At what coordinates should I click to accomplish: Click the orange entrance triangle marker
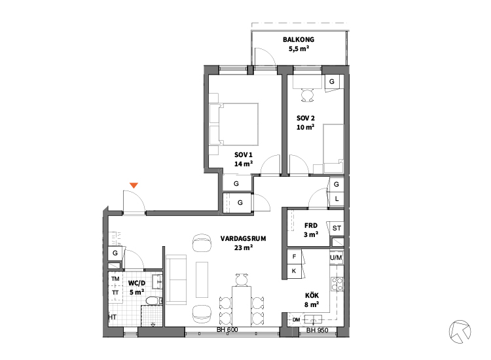coord(134,185)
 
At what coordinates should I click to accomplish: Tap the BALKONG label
coord(299,40)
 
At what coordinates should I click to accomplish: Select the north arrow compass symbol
coord(460,331)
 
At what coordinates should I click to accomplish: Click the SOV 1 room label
coord(244,155)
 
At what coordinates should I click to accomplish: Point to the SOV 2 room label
coord(306,118)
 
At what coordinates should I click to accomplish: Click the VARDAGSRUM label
coord(244,238)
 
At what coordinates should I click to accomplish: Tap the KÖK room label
coord(312,295)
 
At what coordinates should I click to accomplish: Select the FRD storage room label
coord(311,225)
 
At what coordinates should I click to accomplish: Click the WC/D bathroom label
coord(137,283)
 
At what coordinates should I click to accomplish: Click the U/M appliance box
coord(336,258)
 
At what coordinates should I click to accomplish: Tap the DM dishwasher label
coord(297,319)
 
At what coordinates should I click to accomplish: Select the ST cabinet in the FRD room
coord(336,228)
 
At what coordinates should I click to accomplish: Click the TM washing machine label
coord(115,279)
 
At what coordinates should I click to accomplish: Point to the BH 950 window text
coord(318,330)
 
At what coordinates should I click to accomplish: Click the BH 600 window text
coord(227,330)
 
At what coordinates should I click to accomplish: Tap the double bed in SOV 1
coord(234,124)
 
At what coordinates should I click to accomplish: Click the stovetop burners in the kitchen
coord(337,284)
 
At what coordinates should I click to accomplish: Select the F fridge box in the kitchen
coord(295,257)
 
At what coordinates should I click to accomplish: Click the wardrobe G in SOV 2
coord(332,82)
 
